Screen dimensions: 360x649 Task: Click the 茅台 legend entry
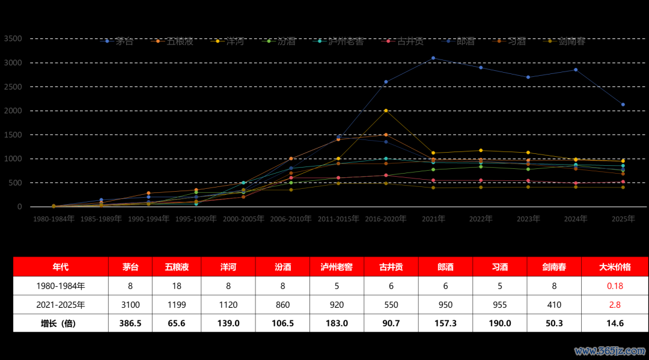click(120, 41)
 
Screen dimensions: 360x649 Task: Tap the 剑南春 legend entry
click(565, 41)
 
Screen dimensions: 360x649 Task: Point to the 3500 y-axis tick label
click(13, 38)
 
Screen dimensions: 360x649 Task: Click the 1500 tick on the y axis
click(13, 135)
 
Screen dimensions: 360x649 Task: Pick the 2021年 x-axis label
click(433, 219)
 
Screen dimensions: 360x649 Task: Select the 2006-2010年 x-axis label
click(291, 219)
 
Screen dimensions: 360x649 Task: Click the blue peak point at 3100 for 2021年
click(433, 58)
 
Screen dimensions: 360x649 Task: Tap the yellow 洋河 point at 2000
click(386, 111)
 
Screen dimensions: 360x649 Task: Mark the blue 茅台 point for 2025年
click(623, 105)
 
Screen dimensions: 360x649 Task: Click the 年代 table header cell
click(61, 267)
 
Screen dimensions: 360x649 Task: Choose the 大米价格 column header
click(615, 267)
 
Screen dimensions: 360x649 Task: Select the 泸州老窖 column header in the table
click(337, 267)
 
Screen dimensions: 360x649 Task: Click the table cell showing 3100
click(130, 305)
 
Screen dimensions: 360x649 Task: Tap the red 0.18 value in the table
click(615, 286)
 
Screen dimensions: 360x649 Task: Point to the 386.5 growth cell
click(130, 323)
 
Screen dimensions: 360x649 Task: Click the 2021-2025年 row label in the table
click(61, 305)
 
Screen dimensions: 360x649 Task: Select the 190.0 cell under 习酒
click(500, 323)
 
